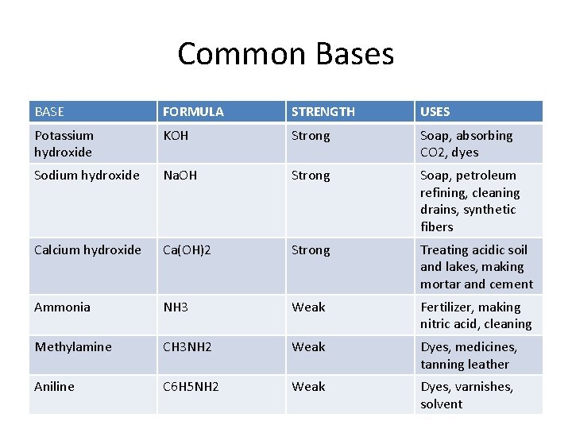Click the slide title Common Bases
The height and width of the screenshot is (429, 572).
click(x=285, y=54)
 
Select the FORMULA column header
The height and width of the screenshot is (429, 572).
click(x=193, y=112)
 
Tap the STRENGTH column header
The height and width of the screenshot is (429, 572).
click(x=323, y=112)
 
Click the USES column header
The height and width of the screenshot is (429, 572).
click(x=435, y=112)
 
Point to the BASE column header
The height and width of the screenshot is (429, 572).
click(x=49, y=112)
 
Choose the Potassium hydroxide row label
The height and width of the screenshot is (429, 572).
click(x=64, y=144)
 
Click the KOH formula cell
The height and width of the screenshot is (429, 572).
click(x=176, y=136)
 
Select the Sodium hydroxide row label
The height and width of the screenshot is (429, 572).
click(x=87, y=176)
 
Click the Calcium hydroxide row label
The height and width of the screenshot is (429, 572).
click(x=87, y=250)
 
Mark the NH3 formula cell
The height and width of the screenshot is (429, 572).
click(x=176, y=307)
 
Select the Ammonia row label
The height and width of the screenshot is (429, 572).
click(x=62, y=307)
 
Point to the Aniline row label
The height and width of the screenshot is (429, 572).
click(x=54, y=387)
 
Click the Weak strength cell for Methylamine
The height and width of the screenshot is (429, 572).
click(x=308, y=347)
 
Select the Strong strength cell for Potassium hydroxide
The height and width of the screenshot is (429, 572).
click(x=311, y=136)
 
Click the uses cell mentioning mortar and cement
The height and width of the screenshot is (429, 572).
click(x=476, y=267)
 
